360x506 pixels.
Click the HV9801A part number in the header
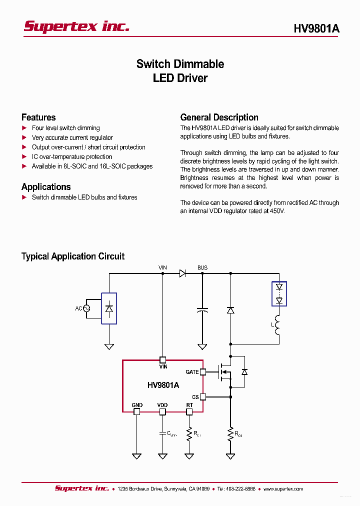316,29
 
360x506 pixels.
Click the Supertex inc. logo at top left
76,26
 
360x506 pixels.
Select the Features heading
38,117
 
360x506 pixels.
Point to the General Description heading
219,117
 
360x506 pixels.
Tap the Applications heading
46,187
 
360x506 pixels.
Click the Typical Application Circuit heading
73,256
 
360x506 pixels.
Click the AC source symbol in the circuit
86,308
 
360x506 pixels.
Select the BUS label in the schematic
202,268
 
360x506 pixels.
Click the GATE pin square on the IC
203,372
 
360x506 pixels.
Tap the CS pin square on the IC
203,396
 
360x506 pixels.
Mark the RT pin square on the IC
189,412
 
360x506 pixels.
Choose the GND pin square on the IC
136,412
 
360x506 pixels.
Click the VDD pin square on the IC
162,412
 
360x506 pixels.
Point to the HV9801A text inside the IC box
163,385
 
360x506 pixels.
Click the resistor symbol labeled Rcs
230,434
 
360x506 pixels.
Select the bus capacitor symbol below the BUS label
202,310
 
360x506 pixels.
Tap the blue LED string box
279,294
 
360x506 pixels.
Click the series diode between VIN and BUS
182,273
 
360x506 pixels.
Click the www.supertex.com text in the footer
283,489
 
